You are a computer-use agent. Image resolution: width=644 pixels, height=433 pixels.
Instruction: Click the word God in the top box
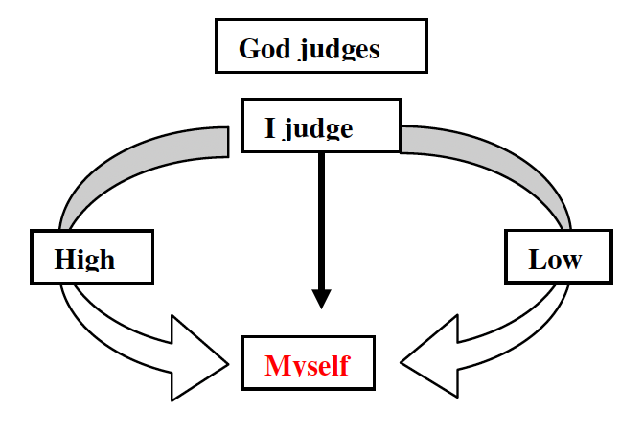click(x=264, y=48)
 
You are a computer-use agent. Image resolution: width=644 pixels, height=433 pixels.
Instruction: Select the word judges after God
click(x=337, y=50)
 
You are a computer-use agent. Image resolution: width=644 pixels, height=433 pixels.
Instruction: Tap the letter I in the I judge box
click(x=270, y=127)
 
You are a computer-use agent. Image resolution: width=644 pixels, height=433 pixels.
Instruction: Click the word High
click(x=84, y=259)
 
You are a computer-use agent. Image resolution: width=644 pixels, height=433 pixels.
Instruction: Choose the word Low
click(x=555, y=259)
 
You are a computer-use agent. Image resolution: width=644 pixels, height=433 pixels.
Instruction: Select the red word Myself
click(x=308, y=365)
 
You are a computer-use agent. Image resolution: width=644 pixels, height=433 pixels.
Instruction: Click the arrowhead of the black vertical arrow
click(x=322, y=296)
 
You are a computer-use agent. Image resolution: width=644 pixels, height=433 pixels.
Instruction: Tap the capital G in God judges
click(x=247, y=48)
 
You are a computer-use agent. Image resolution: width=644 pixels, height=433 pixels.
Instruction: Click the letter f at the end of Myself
click(x=344, y=364)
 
